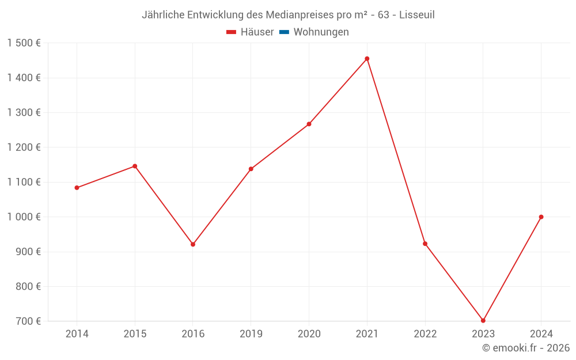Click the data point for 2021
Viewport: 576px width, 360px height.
click(367, 59)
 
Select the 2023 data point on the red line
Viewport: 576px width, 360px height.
click(483, 320)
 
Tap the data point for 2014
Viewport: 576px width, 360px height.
click(77, 188)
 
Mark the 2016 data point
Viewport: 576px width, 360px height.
click(193, 244)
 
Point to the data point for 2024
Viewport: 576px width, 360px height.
click(541, 217)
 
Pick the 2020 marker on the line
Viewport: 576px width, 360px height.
click(309, 124)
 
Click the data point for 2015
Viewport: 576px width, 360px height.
click(135, 166)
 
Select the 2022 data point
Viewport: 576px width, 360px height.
click(425, 244)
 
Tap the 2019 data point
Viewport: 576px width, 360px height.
click(251, 169)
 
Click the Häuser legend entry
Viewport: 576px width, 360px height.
click(250, 32)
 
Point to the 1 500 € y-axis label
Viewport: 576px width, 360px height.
click(24, 43)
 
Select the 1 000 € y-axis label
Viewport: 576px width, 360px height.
click(24, 217)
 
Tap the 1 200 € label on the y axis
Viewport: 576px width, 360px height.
click(24, 147)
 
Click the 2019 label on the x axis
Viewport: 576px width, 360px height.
click(251, 334)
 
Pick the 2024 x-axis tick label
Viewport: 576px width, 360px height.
click(541, 334)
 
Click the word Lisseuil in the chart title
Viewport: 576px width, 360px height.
click(416, 15)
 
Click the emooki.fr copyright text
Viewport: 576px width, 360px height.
click(526, 348)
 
